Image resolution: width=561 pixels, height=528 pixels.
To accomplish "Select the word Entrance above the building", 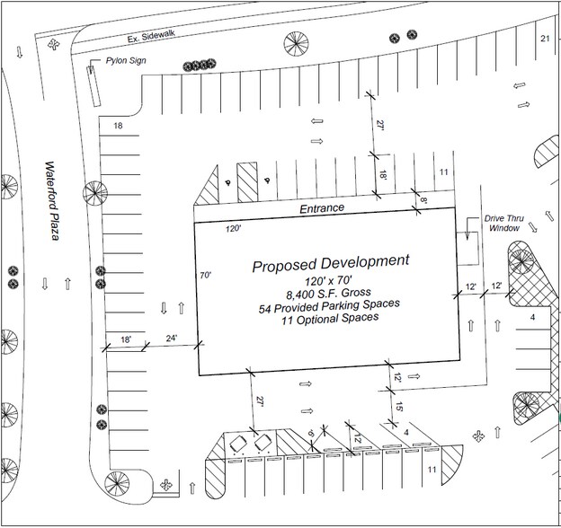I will click(x=322, y=208).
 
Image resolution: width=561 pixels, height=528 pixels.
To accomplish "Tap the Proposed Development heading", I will click(x=330, y=262).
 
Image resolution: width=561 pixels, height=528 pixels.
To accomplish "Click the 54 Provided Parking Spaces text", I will click(x=328, y=305).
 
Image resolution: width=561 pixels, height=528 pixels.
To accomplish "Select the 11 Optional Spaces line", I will click(x=328, y=318).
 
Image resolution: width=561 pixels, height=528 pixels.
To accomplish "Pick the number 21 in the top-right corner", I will click(x=544, y=40).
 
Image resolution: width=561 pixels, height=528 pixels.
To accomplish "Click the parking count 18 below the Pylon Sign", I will click(x=117, y=127).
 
